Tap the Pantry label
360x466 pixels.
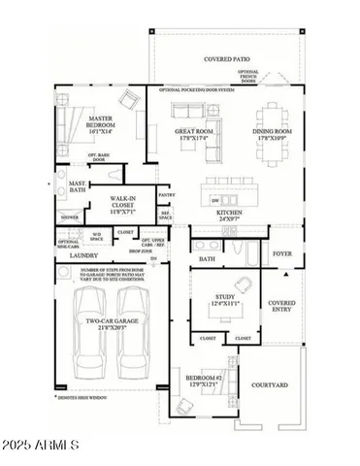[x=166, y=195]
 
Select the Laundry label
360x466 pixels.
[x=71, y=255]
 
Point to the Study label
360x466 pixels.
[x=225, y=301]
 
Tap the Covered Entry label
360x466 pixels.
[x=281, y=307]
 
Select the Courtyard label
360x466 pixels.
[x=269, y=385]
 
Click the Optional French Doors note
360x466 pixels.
[x=248, y=76]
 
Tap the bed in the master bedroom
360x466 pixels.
[x=73, y=126]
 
